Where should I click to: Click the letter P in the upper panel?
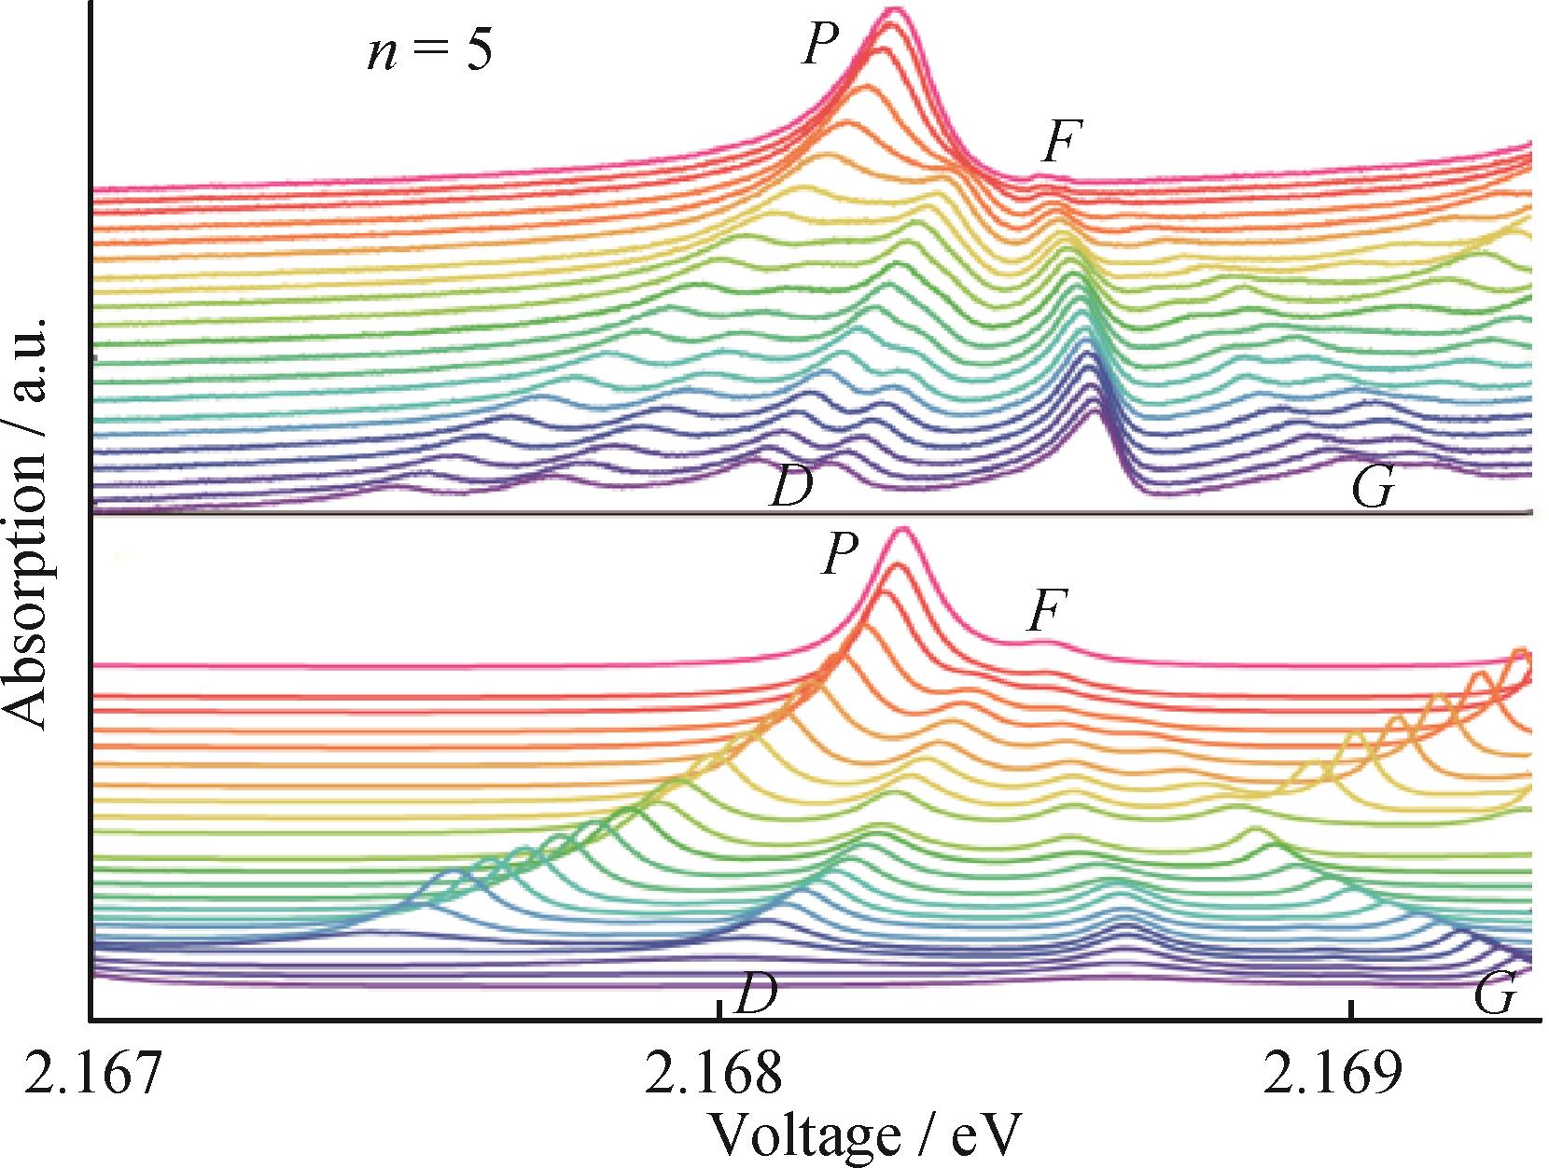820,44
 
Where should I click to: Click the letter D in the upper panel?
791,486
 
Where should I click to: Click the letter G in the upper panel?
1373,487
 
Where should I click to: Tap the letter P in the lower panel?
840,555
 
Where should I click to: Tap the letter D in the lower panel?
756,995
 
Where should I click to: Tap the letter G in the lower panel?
1495,995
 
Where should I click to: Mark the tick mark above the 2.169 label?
1350,1009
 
